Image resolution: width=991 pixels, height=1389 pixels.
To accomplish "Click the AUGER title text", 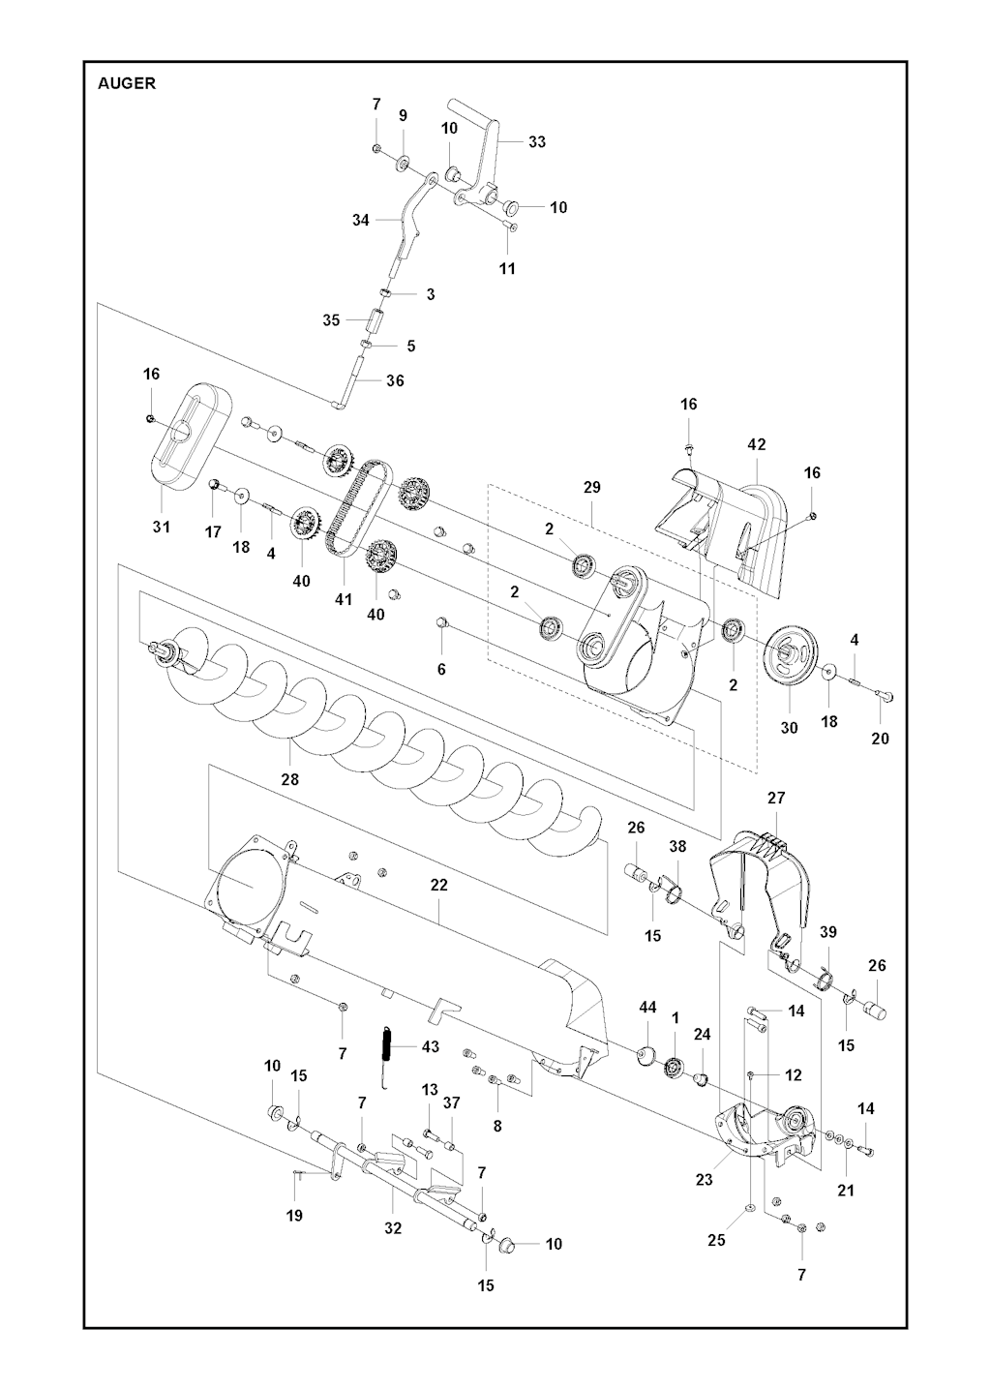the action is tap(127, 83).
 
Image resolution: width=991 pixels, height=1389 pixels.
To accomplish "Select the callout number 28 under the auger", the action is tap(289, 779).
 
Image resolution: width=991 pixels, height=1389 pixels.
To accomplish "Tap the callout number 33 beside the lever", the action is tap(537, 142).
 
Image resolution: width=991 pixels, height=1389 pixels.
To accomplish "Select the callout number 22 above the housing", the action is tap(438, 886).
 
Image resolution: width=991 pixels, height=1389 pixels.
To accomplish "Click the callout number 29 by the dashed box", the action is tap(591, 488).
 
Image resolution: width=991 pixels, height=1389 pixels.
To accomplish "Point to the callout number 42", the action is tap(757, 444).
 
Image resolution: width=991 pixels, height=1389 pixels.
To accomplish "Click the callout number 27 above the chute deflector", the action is tap(776, 798).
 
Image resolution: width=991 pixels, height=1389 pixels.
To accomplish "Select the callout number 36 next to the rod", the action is tap(395, 380).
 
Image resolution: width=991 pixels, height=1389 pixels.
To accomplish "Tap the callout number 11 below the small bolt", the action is tap(507, 268).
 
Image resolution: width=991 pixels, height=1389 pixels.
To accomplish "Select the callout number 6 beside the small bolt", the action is tap(441, 669).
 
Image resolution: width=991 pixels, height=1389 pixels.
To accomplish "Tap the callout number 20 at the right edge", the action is tap(880, 739).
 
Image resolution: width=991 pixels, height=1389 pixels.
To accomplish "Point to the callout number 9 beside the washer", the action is tap(404, 115).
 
